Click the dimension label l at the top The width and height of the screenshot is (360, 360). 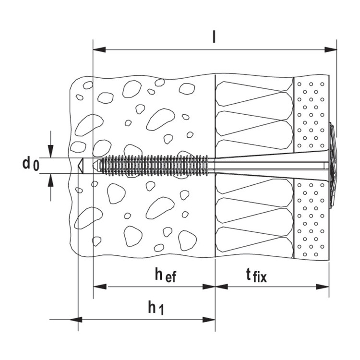(214, 37)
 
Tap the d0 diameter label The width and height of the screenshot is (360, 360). (31, 164)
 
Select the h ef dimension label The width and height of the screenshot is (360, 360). (166, 275)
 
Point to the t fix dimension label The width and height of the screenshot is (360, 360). (257, 276)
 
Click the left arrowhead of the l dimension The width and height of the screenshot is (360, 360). (99, 49)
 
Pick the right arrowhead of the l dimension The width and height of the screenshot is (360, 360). (331, 49)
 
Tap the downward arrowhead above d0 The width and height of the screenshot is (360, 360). (51, 151)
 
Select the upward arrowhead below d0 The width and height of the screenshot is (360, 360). (51, 180)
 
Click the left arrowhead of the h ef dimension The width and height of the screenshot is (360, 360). (100, 287)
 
